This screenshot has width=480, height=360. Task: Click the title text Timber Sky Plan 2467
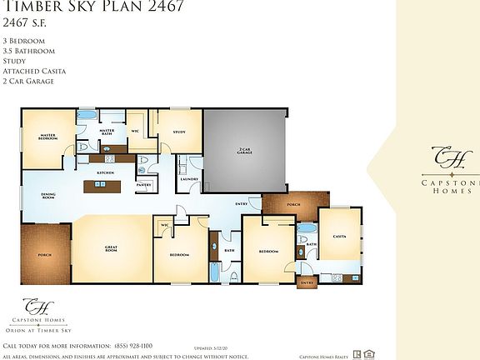pos(94,7)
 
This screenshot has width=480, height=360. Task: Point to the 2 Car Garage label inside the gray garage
pos(244,152)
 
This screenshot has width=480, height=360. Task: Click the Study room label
pos(178,132)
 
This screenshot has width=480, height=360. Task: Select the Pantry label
pos(144,186)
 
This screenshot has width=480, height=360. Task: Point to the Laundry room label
pos(188,178)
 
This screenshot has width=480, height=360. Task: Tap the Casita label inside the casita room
pos(340,236)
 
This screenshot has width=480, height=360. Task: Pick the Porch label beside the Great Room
pos(44,256)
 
